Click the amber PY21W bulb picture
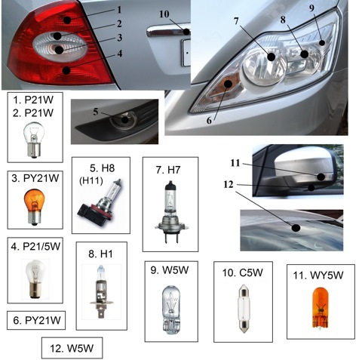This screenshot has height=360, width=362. [x=34, y=207]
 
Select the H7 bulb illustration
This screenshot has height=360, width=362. [x=172, y=211]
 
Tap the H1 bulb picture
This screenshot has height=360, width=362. [x=101, y=291]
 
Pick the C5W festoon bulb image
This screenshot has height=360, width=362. [x=244, y=309]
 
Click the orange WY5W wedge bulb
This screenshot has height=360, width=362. [x=321, y=308]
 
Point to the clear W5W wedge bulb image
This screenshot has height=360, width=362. [x=171, y=309]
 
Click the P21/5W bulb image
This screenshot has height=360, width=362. [x=35, y=279]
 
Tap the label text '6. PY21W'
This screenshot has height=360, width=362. [x=37, y=320]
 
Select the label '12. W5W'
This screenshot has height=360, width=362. [x=72, y=349]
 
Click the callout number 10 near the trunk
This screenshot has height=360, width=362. [x=164, y=14]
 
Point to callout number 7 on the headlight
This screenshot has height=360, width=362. [x=236, y=21]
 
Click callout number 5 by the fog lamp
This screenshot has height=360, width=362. [x=96, y=112]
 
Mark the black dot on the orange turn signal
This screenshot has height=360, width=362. [x=228, y=83]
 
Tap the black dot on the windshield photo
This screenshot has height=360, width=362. [x=296, y=228]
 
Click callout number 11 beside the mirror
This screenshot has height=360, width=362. [x=235, y=163]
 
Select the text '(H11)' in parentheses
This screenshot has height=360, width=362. [x=91, y=180]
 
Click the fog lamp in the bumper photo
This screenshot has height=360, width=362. [x=124, y=120]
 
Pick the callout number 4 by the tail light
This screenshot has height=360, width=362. [x=120, y=54]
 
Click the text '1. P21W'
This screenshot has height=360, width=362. [x=33, y=100]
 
